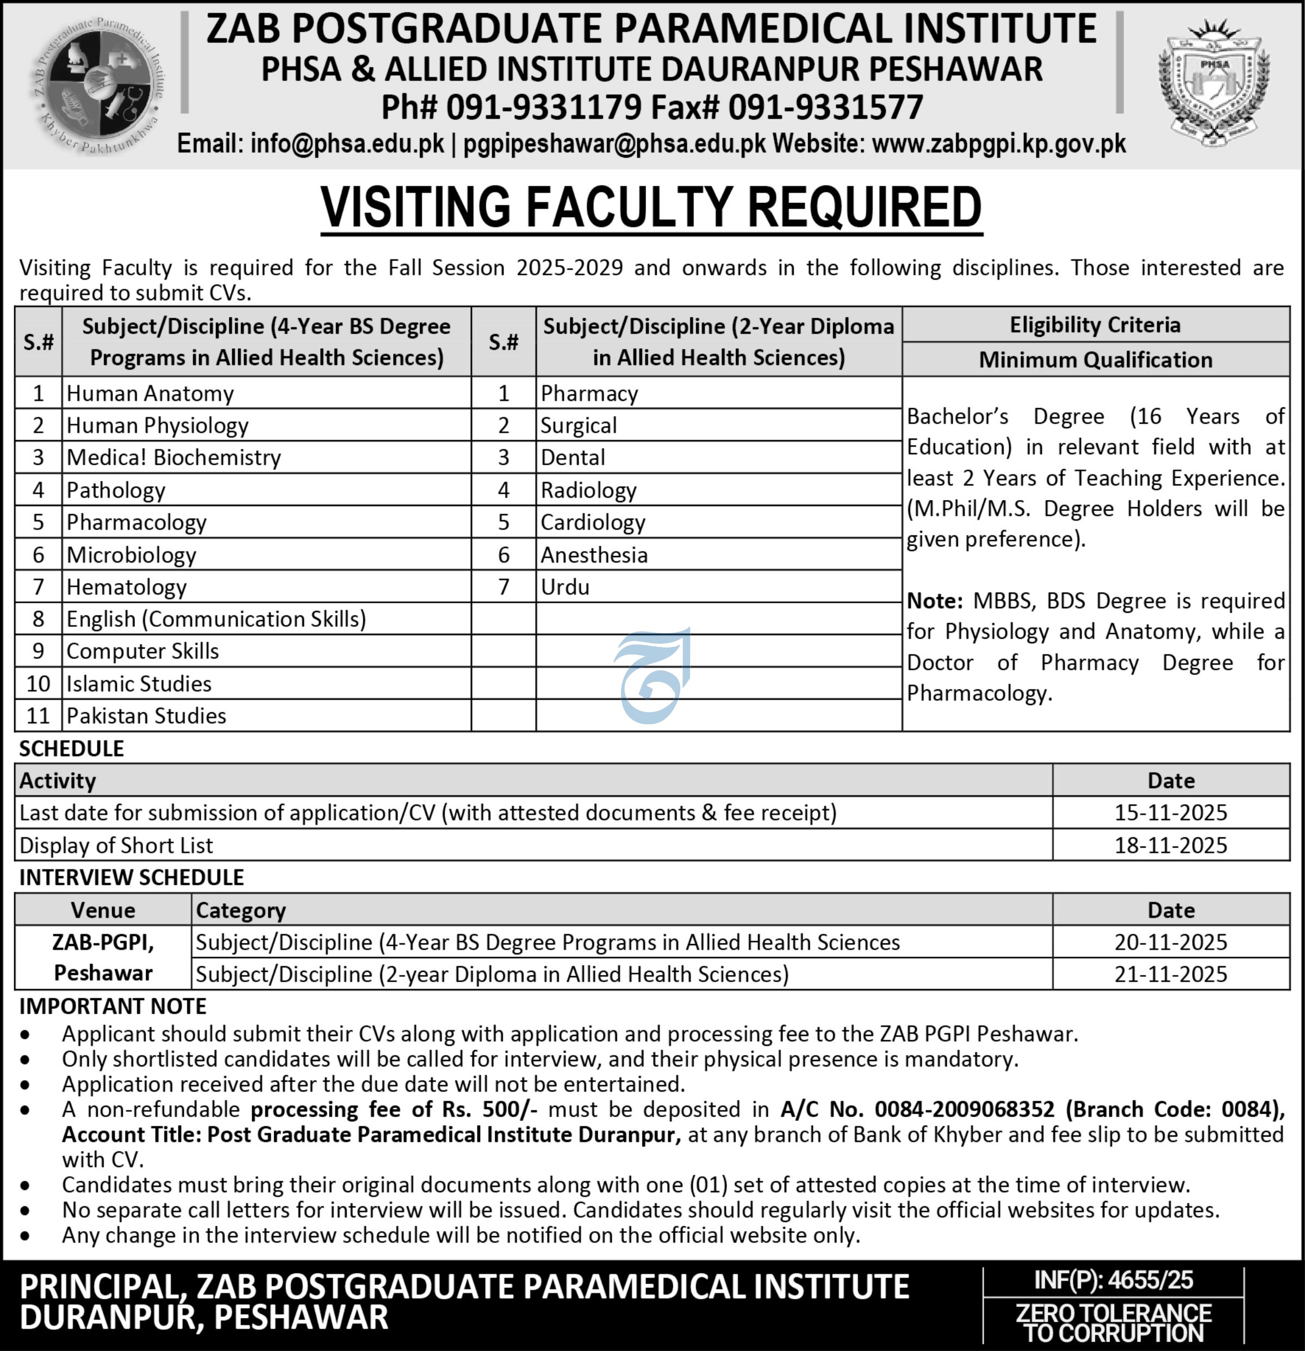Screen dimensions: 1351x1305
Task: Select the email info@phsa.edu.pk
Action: [x=347, y=144]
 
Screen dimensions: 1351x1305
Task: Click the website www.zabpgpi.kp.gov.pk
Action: [x=998, y=144]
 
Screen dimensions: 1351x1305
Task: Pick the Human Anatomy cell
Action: [x=150, y=393]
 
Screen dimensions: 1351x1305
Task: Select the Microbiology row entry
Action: [x=132, y=555]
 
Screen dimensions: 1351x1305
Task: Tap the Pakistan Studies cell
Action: [x=146, y=716]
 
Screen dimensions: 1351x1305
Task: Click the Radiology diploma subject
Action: [x=588, y=490]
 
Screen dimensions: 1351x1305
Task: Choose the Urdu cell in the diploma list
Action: [x=565, y=587]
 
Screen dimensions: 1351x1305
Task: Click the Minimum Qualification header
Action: [x=1096, y=360]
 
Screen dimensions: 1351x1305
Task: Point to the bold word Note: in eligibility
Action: [x=934, y=601]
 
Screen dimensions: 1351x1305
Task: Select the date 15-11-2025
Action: [x=1171, y=813]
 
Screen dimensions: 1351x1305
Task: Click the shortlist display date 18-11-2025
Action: [x=1171, y=845]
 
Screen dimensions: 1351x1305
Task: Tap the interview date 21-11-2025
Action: [x=1171, y=974]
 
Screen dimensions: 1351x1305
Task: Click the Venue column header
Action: [x=103, y=910]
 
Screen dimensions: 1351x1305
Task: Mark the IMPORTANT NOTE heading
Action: [x=113, y=1007]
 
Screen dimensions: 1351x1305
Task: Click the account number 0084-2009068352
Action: [x=965, y=1109]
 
